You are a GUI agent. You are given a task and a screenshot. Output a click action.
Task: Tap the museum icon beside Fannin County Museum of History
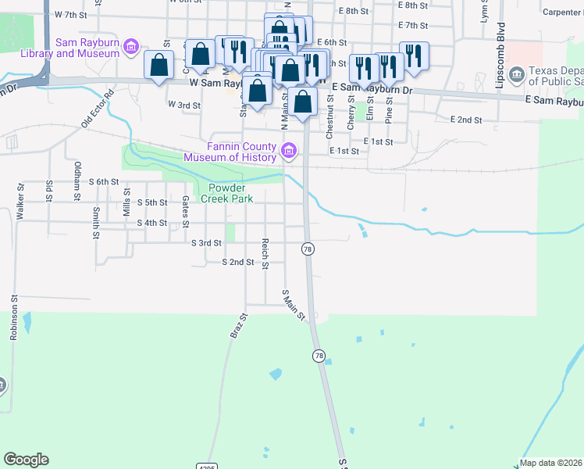289,150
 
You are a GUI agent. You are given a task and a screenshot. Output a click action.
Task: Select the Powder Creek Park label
223,193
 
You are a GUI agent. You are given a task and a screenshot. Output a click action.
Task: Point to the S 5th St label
152,202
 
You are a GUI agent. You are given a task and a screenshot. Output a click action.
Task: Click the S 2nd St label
238,263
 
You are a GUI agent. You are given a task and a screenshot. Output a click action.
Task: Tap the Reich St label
265,254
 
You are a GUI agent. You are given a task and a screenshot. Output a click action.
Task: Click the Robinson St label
13,317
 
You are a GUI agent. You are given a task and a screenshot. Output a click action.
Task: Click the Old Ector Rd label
98,109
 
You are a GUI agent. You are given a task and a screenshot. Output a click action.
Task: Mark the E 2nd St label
466,120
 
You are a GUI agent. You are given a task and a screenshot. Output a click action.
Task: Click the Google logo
26,460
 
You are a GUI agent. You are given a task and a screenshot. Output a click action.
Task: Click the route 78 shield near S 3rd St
308,248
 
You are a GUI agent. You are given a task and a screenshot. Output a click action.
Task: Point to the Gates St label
186,211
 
